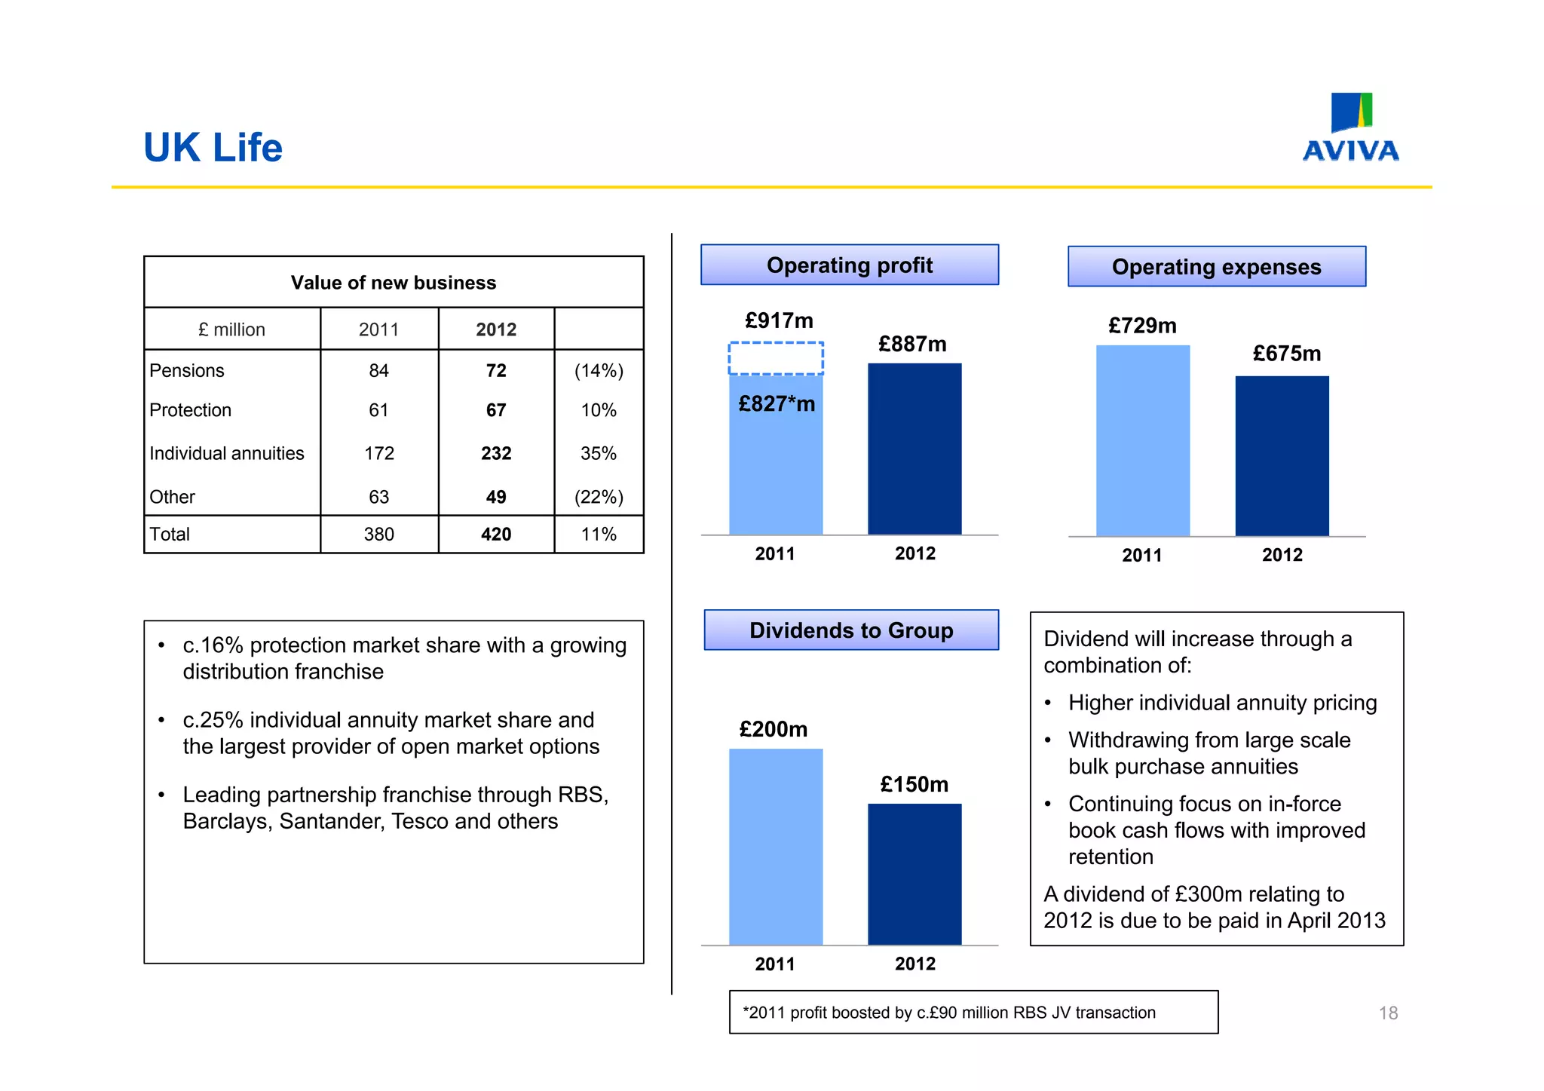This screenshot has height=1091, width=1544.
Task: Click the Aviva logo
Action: coord(1350,127)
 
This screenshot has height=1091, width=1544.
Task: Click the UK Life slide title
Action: coord(213,148)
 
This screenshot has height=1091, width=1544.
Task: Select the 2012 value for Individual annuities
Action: coord(496,453)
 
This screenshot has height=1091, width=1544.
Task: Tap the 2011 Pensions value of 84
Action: coord(378,370)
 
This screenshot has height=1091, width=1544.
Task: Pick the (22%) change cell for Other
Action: coord(599,497)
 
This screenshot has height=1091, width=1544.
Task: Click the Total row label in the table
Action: coord(170,534)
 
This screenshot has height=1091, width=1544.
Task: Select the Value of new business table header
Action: coord(393,283)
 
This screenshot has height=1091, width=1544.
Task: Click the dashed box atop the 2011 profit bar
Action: coord(776,358)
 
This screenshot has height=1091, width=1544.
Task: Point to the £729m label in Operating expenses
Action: coord(1142,326)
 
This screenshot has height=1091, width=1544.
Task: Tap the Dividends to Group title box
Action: coord(851,630)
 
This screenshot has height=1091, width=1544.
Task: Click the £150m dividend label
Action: coord(914,784)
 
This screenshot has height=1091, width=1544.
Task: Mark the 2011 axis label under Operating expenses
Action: coord(1141,556)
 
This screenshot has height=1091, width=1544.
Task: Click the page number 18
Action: coord(1388,1013)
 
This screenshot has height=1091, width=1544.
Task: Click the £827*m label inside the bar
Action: coord(777,404)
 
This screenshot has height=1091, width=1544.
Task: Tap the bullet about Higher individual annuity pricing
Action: coord(1222,703)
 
